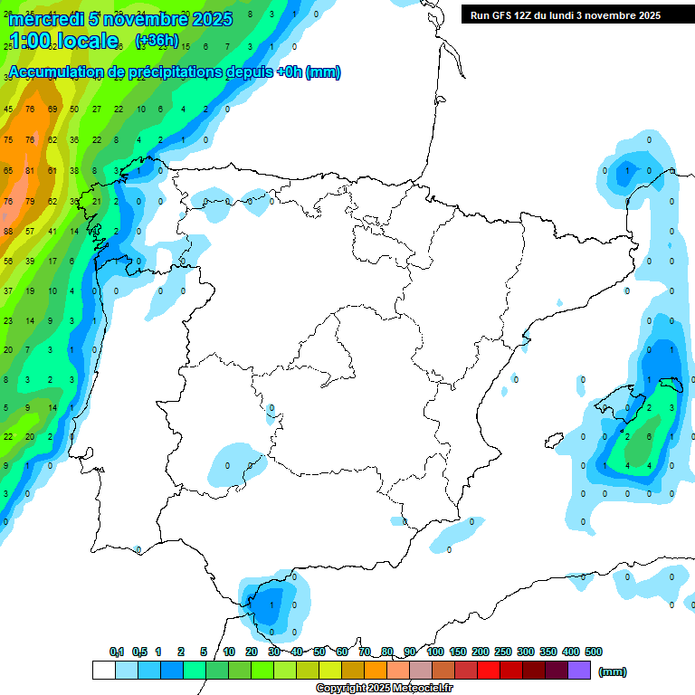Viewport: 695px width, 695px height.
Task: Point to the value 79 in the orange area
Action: coord(30,201)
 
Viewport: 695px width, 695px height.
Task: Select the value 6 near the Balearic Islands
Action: coord(650,436)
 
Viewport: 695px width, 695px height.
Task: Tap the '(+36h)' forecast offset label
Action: coord(157,42)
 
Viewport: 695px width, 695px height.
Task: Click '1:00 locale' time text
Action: coord(63,41)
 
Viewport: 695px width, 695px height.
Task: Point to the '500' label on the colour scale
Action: coord(594,652)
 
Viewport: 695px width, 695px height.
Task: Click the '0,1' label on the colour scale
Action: coord(117,652)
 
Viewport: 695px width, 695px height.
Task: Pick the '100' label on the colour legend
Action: coord(434,652)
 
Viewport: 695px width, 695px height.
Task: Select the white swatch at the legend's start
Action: coord(104,670)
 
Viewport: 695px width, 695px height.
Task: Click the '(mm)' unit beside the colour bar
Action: coord(613,671)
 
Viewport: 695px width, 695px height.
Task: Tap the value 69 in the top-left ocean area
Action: coord(52,109)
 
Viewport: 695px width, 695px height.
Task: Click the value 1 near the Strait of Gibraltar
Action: coord(271,605)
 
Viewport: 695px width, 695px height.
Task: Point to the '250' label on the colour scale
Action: coord(502,652)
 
